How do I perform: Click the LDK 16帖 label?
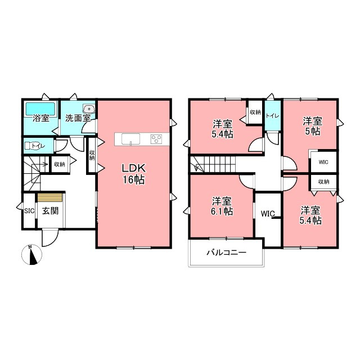(x=134, y=174)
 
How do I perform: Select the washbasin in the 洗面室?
(x=89, y=109)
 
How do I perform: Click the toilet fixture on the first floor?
(x=31, y=146)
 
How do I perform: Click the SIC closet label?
(x=29, y=211)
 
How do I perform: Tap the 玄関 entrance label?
(x=50, y=211)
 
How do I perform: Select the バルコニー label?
(x=226, y=253)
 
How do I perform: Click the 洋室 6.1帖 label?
(x=222, y=206)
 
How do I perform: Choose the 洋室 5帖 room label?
(x=313, y=126)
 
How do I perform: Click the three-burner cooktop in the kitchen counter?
(x=156, y=139)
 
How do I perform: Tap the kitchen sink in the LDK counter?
(x=130, y=139)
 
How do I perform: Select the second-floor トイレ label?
(x=272, y=116)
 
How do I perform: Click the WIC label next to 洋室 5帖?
(x=323, y=162)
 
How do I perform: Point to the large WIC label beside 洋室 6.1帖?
(x=268, y=214)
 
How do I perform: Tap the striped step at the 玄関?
(x=50, y=197)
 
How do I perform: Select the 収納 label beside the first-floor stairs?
(x=60, y=164)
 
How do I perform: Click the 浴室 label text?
(x=41, y=119)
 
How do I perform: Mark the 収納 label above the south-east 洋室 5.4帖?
(x=324, y=182)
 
